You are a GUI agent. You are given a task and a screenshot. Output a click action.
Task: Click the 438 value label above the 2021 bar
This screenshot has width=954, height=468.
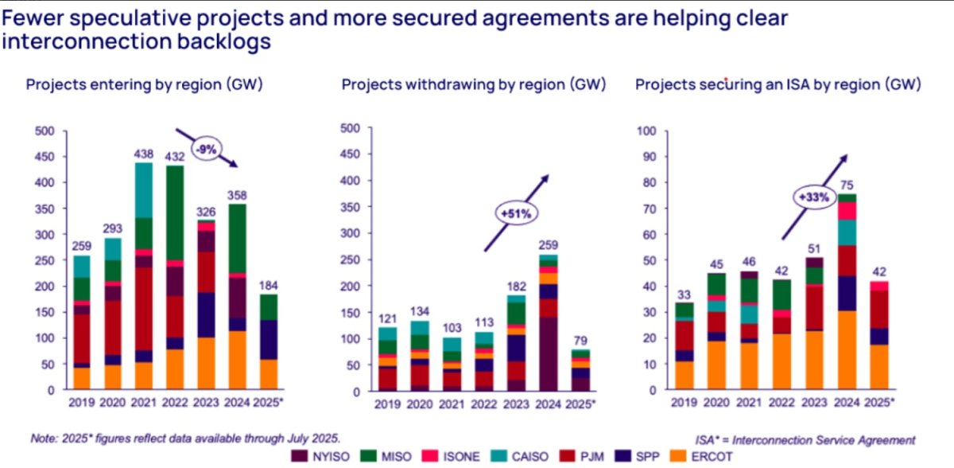[x=144, y=154]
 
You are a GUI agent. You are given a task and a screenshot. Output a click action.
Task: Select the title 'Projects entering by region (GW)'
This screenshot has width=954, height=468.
[x=145, y=84]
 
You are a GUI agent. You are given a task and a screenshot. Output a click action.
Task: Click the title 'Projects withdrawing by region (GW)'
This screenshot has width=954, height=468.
[x=474, y=84]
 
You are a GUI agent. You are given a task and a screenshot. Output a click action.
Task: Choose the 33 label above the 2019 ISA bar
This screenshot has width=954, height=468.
[x=684, y=294]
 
